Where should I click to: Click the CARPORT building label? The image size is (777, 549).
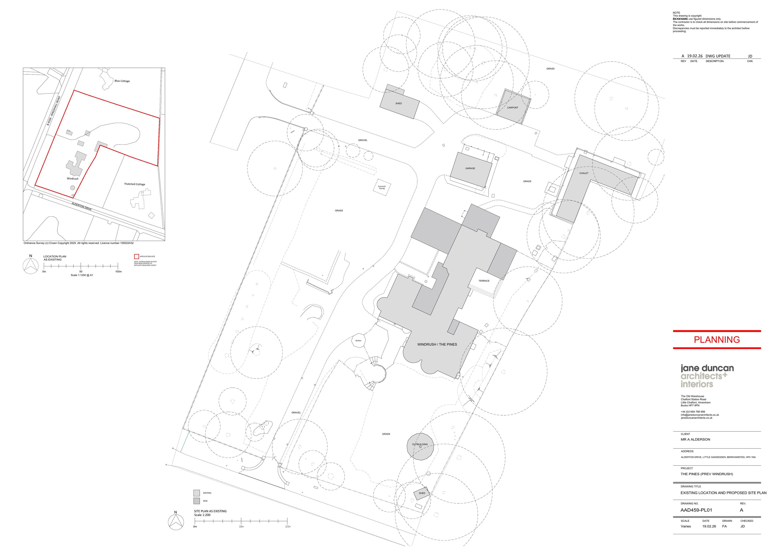pos(512,108)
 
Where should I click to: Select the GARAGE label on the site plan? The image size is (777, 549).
pos(470,168)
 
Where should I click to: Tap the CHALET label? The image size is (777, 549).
pos(584,173)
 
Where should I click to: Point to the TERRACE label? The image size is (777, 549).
pos(484,281)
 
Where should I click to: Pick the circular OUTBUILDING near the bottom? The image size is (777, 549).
pos(420,447)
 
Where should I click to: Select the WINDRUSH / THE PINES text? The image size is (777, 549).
pos(437,345)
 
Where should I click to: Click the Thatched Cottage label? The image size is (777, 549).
pos(135,184)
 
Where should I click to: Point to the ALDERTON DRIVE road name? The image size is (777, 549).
pos(82,206)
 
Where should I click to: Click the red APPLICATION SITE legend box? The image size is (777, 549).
pos(137,256)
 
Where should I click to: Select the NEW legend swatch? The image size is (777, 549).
pos(197,501)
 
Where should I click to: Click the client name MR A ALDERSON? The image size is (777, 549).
pos(695,439)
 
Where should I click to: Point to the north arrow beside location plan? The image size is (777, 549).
pos(31,266)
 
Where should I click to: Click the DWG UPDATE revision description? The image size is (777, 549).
pos(718,56)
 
